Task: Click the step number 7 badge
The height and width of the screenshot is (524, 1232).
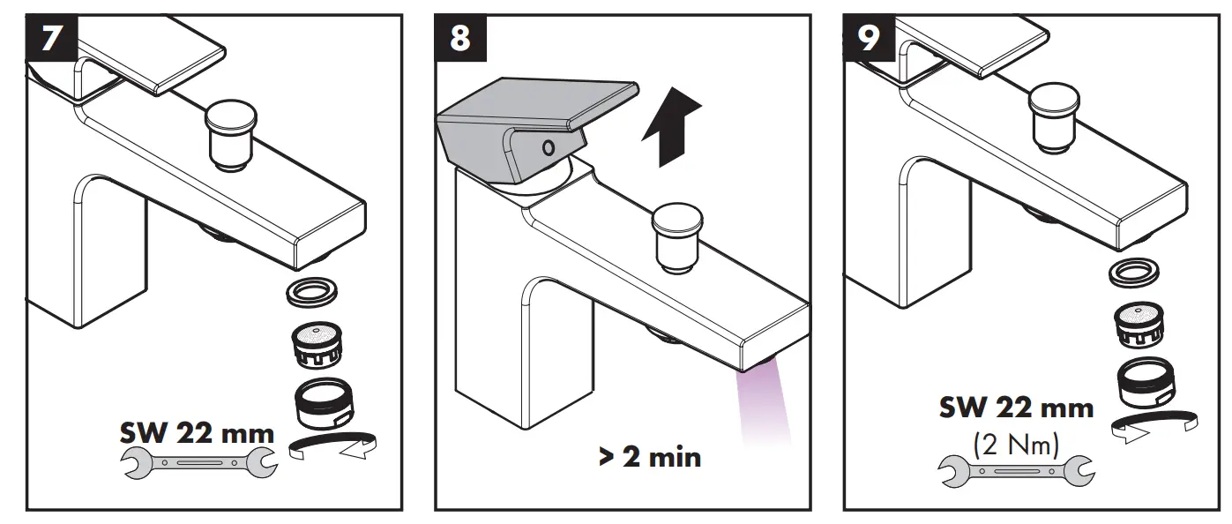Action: pos(52,39)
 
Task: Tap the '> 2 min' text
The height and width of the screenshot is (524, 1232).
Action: pos(650,457)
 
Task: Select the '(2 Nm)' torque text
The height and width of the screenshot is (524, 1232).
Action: pos(1016,445)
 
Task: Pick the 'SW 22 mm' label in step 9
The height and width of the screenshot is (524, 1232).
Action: pos(1016,408)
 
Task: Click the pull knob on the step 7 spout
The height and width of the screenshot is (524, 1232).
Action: pos(230,131)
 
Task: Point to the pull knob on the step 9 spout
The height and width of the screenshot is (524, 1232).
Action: pos(1056,115)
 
